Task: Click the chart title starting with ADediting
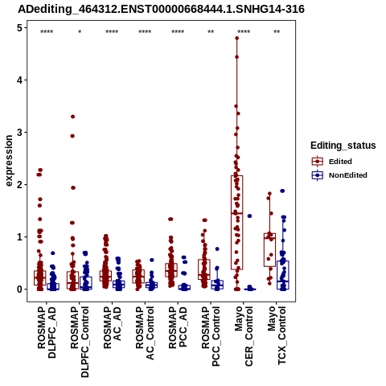[x=161, y=9]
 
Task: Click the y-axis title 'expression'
[x=9, y=161]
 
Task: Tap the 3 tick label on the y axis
[x=20, y=132]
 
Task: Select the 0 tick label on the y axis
[x=20, y=289]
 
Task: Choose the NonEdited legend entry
[x=339, y=175]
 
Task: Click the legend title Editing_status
[x=343, y=146]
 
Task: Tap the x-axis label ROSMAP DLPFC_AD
[x=47, y=332]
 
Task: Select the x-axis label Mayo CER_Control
[x=244, y=336]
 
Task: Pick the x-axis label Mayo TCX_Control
[x=277, y=335]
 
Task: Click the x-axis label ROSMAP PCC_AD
[x=178, y=327]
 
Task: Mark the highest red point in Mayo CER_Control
[x=237, y=38]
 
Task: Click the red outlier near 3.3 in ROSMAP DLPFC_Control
[x=72, y=117]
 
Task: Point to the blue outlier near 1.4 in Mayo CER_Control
[x=249, y=216]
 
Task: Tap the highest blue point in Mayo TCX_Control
[x=282, y=191]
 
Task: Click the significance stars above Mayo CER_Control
[x=244, y=32]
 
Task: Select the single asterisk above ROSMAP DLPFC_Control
[x=80, y=32]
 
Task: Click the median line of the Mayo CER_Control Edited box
[x=237, y=213]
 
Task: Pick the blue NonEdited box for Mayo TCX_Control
[x=283, y=275]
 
